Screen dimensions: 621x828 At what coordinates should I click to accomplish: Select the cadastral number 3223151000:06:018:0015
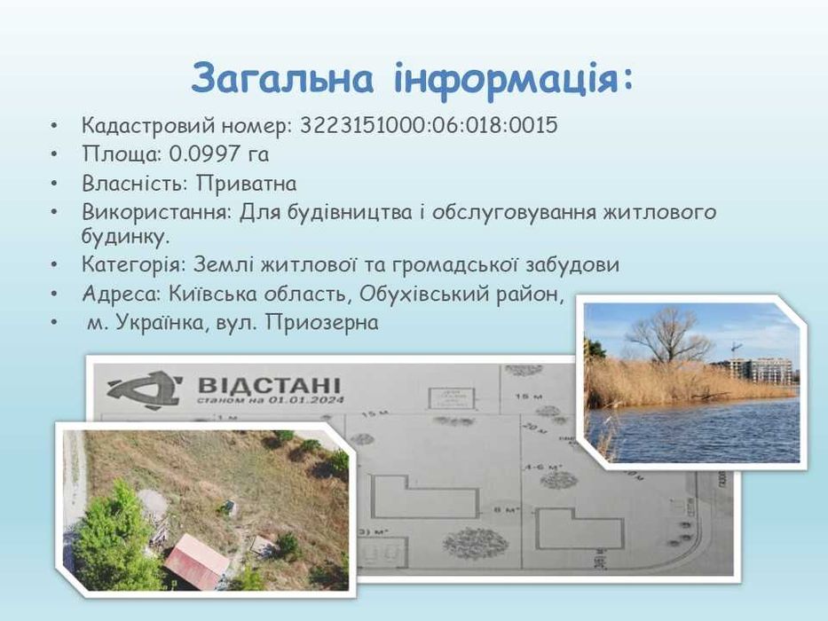(429, 125)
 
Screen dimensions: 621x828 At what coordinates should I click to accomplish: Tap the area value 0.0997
(206, 154)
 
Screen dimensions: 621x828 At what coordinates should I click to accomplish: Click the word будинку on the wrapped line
(122, 237)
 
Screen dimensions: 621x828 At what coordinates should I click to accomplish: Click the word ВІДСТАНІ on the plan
(267, 387)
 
